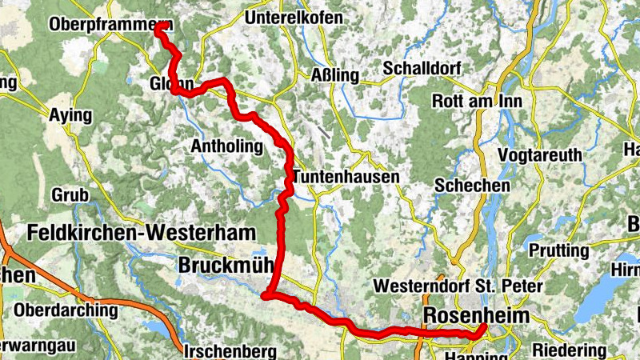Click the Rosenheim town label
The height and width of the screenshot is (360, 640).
click(x=477, y=315)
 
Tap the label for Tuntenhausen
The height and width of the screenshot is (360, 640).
click(x=346, y=177)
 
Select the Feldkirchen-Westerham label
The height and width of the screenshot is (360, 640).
click(x=142, y=233)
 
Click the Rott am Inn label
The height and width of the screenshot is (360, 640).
click(x=475, y=102)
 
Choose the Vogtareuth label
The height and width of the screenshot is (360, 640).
click(x=540, y=154)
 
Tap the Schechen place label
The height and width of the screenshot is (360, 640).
click(x=472, y=185)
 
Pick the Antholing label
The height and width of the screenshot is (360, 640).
click(x=226, y=146)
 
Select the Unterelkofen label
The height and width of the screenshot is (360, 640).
click(x=295, y=18)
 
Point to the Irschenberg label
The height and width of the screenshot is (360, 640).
click(x=230, y=351)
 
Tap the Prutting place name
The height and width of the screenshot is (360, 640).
click(x=558, y=251)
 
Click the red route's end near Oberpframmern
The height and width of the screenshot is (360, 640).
click(x=159, y=26)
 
